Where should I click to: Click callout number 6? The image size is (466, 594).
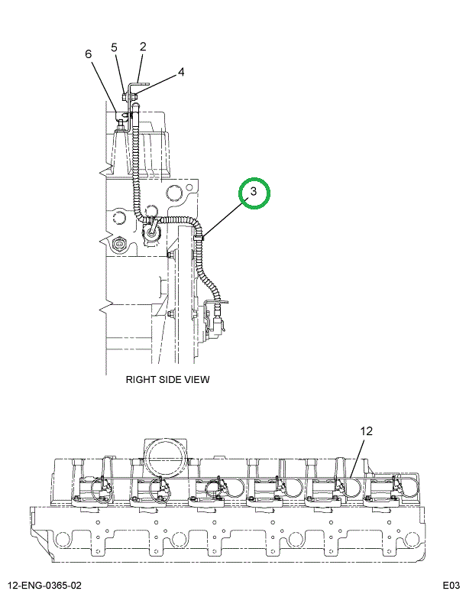(88, 54)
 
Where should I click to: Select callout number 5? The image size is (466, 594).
(114, 47)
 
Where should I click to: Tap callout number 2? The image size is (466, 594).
(143, 46)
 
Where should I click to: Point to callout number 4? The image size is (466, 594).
(181, 72)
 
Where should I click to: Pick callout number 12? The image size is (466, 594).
(366, 430)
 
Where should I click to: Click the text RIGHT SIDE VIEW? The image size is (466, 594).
(167, 379)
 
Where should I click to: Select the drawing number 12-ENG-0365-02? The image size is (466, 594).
(44, 586)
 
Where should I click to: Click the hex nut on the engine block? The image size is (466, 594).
(119, 245)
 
